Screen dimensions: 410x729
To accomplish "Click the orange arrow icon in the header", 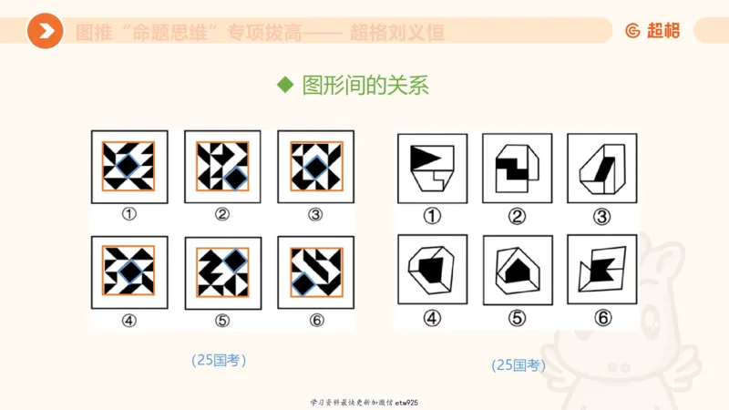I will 45,32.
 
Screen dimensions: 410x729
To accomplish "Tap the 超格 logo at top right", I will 652,31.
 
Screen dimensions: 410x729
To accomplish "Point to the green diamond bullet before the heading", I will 285,86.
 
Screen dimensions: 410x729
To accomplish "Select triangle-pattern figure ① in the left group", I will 128,167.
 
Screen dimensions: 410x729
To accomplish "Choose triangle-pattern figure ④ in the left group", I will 128,272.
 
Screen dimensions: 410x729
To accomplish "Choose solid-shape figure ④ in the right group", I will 432,270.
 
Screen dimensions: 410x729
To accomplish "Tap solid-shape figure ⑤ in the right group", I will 517,270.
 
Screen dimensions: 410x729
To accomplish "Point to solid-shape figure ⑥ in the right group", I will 601,270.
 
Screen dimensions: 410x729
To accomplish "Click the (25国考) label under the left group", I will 219,360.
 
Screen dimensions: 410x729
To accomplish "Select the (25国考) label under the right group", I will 519,364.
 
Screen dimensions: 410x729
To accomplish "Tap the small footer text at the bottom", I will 364,402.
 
